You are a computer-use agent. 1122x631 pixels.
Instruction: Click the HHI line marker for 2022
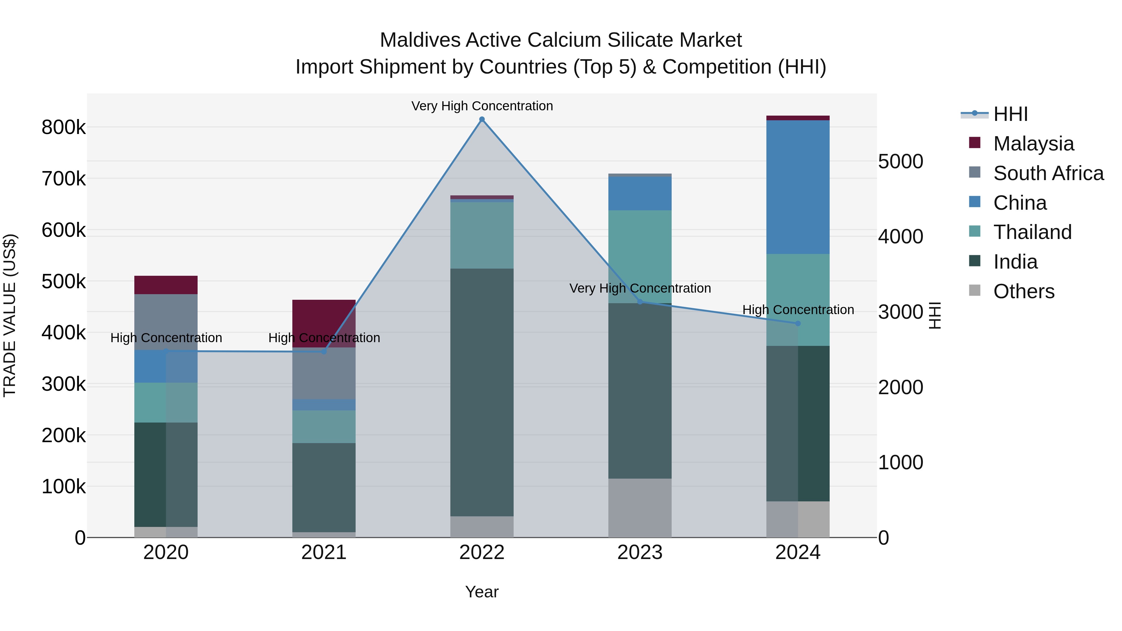click(x=482, y=119)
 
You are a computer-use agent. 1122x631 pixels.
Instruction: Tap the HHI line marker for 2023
click(x=640, y=302)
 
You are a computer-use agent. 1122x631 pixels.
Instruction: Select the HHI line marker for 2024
click(x=798, y=323)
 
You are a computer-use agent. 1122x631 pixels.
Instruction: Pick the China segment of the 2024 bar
click(x=798, y=187)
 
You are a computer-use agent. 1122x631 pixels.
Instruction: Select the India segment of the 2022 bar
click(x=482, y=392)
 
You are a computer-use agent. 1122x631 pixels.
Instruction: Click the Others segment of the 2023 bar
click(x=640, y=508)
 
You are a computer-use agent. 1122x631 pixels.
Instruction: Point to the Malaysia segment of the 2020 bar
click(x=165, y=285)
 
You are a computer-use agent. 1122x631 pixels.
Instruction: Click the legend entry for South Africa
click(x=1048, y=173)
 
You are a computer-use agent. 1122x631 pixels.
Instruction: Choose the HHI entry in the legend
click(x=1010, y=114)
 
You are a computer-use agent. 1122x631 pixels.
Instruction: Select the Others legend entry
click(x=1023, y=291)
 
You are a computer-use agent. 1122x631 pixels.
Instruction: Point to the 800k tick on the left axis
click(x=64, y=127)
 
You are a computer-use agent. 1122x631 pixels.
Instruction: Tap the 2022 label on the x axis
click(x=482, y=552)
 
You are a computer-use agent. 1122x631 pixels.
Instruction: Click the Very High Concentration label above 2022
click(x=482, y=106)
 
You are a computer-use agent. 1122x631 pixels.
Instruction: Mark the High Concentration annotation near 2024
click(x=798, y=310)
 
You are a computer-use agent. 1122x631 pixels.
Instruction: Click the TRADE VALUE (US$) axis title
click(x=10, y=315)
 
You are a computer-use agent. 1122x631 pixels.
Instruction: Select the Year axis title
click(x=482, y=592)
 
